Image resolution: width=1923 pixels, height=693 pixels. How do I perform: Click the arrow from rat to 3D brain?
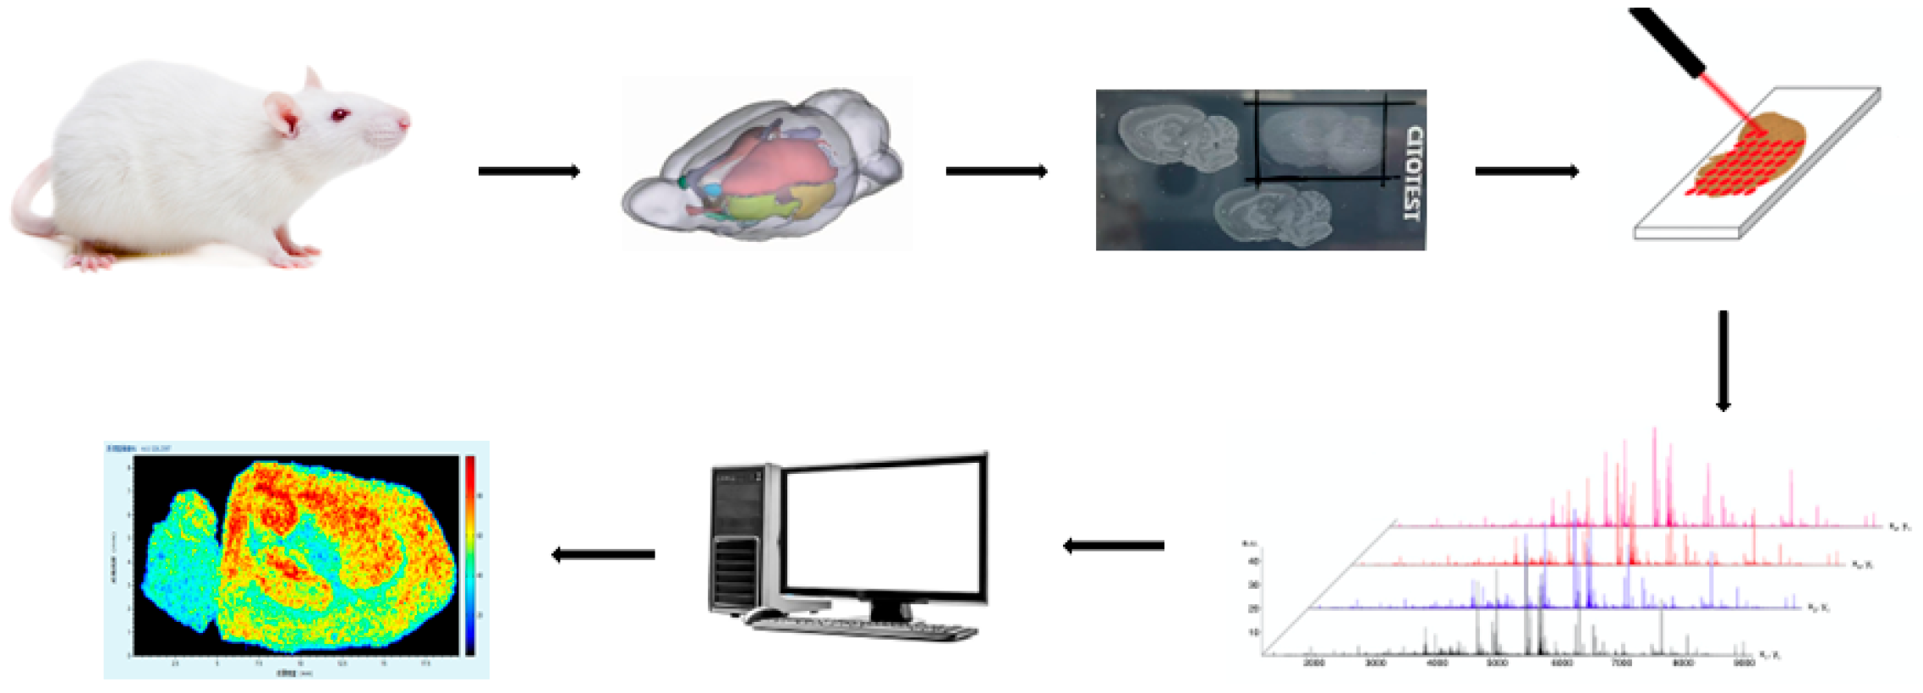point(529,171)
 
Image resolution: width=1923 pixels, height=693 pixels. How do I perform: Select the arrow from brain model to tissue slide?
point(996,171)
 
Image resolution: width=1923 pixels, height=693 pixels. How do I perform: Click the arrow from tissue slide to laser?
point(1526,171)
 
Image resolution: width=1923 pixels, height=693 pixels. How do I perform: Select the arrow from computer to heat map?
point(603,555)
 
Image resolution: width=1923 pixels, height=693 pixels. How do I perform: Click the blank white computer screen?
point(885,528)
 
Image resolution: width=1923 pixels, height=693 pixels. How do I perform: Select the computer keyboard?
point(863,627)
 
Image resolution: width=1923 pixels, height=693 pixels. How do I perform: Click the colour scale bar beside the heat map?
point(469,554)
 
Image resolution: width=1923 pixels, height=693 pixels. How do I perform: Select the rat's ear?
point(282,113)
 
